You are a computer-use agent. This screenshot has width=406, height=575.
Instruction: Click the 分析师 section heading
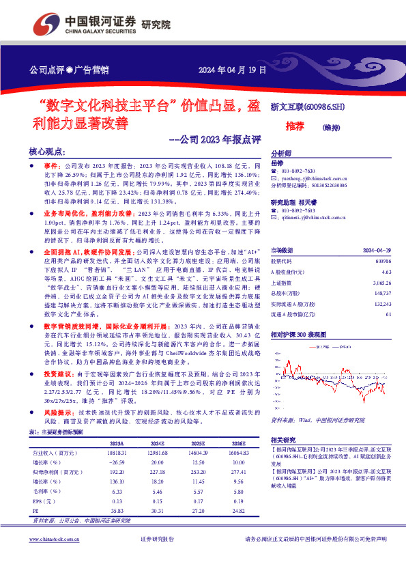281,154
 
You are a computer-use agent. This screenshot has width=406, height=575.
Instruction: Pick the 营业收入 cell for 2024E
158,452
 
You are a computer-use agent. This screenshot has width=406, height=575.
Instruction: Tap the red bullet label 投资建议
57,375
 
